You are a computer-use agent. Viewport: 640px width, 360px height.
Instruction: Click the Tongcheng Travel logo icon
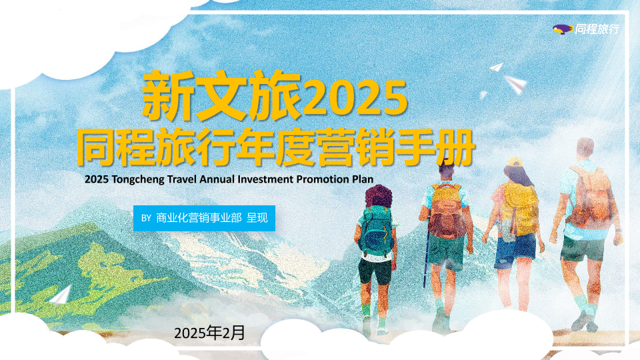563,29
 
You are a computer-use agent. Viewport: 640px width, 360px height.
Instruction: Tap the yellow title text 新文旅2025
275,97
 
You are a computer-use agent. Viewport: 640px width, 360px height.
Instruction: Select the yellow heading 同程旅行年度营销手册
276,147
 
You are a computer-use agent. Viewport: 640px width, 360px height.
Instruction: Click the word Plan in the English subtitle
363,179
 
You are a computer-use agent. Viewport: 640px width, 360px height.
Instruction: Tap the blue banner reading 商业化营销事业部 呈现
204,218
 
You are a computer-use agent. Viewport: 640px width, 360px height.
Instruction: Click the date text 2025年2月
209,333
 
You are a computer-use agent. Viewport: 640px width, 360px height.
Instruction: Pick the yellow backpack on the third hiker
520,208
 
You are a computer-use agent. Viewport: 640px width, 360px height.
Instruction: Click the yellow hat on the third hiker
513,162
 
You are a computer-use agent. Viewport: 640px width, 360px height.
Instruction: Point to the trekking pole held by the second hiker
426,254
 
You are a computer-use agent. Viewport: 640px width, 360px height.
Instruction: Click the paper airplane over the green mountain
61,295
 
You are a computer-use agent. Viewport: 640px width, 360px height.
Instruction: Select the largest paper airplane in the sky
515,84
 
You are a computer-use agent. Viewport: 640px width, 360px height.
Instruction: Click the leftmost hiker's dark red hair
379,196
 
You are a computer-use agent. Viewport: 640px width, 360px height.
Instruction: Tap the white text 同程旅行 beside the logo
597,29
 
